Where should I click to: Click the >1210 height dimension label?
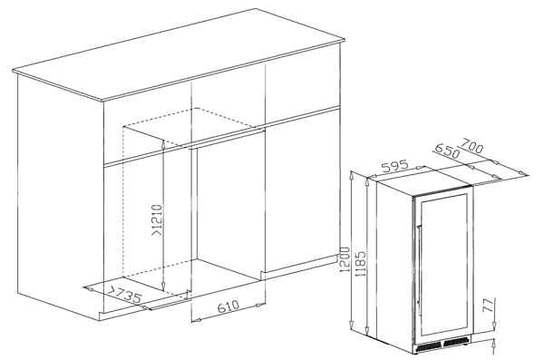click(x=157, y=220)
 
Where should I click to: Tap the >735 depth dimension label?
click(x=124, y=295)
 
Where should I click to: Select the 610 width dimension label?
click(x=228, y=306)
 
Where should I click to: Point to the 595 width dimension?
click(x=394, y=166)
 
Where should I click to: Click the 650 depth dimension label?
click(x=446, y=150)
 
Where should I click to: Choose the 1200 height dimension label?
click(x=345, y=259)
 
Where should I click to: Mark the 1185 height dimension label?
click(x=361, y=264)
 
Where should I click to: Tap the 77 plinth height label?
click(x=488, y=305)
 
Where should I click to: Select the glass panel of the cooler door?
click(x=444, y=265)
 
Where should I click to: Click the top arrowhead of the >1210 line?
click(x=163, y=143)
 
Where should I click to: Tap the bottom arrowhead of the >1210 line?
click(x=162, y=287)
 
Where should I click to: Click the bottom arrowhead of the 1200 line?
click(x=352, y=325)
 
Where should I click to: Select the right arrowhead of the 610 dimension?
click(x=259, y=306)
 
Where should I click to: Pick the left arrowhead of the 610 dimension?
click(x=197, y=320)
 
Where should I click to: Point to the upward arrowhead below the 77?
click(x=494, y=345)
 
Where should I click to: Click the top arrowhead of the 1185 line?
click(x=368, y=182)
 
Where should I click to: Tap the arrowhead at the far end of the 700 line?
click(x=521, y=172)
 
